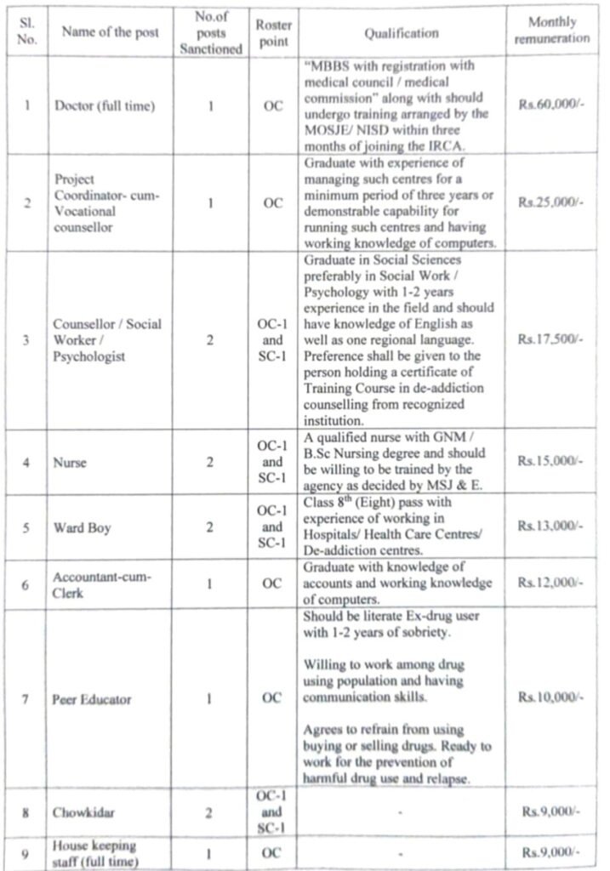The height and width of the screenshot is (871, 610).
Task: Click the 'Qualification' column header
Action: (402, 33)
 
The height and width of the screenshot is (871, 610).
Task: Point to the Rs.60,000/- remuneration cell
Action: (551, 107)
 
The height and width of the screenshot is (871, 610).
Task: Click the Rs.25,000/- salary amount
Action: (551, 204)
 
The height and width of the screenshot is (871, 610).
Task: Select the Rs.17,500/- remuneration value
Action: (551, 339)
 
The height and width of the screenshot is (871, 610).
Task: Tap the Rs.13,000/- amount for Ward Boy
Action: (551, 527)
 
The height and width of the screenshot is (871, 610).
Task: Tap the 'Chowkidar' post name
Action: (85, 811)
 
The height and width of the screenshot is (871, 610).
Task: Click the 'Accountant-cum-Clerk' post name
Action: (101, 585)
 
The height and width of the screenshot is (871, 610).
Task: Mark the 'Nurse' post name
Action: (69, 463)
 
